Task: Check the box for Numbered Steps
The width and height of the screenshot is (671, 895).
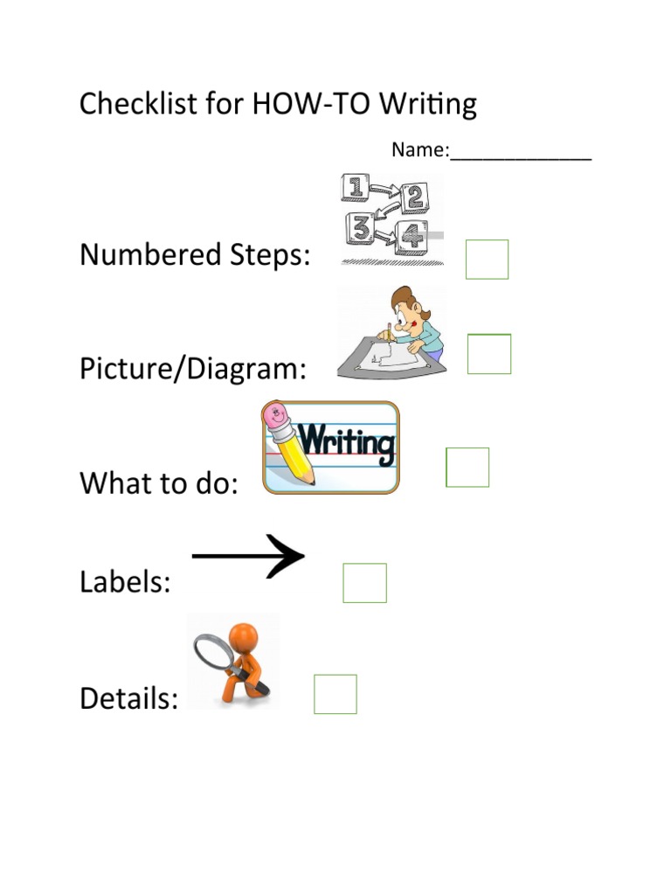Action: [x=487, y=259]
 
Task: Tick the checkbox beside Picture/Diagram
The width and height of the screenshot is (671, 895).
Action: [x=489, y=354]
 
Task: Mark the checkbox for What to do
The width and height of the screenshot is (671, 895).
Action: [x=467, y=467]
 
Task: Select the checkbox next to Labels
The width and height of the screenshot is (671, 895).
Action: [x=364, y=583]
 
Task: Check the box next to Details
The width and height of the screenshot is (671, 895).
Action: [x=335, y=694]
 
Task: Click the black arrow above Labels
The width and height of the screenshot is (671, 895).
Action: [x=249, y=556]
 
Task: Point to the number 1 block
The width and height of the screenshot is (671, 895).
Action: [x=354, y=188]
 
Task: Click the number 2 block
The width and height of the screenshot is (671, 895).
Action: [x=414, y=198]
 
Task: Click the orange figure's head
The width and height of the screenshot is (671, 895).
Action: [x=244, y=637]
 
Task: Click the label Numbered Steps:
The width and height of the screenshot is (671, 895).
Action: [x=195, y=255]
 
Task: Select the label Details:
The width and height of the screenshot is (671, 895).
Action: [x=129, y=698]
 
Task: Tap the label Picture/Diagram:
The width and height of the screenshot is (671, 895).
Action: [x=193, y=369]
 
